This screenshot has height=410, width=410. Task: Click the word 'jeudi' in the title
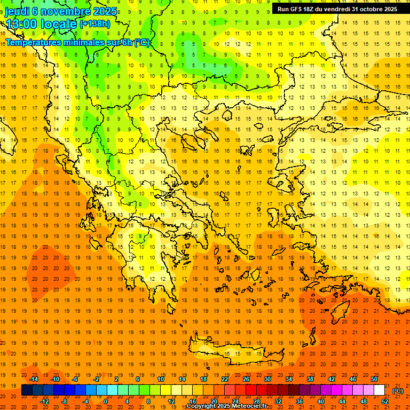point(18,11)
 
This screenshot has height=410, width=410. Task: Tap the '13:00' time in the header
point(22,25)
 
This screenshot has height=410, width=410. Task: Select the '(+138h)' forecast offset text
point(95,24)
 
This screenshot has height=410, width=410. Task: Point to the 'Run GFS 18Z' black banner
point(337,9)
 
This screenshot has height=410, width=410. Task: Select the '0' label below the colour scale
point(106,401)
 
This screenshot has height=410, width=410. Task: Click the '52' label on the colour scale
point(385,401)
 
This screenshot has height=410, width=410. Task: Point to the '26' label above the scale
point(246,379)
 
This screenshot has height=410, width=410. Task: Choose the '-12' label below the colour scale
point(45,401)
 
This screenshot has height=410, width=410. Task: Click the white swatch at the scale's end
point(379,390)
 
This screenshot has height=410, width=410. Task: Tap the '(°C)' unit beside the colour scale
point(398,391)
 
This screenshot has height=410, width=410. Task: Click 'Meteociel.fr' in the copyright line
point(253,406)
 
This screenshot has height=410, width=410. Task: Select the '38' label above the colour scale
point(310,379)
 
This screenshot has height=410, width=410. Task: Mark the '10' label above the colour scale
point(161,379)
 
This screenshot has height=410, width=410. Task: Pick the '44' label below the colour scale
point(342,401)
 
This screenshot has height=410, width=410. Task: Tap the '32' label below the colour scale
point(278,401)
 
